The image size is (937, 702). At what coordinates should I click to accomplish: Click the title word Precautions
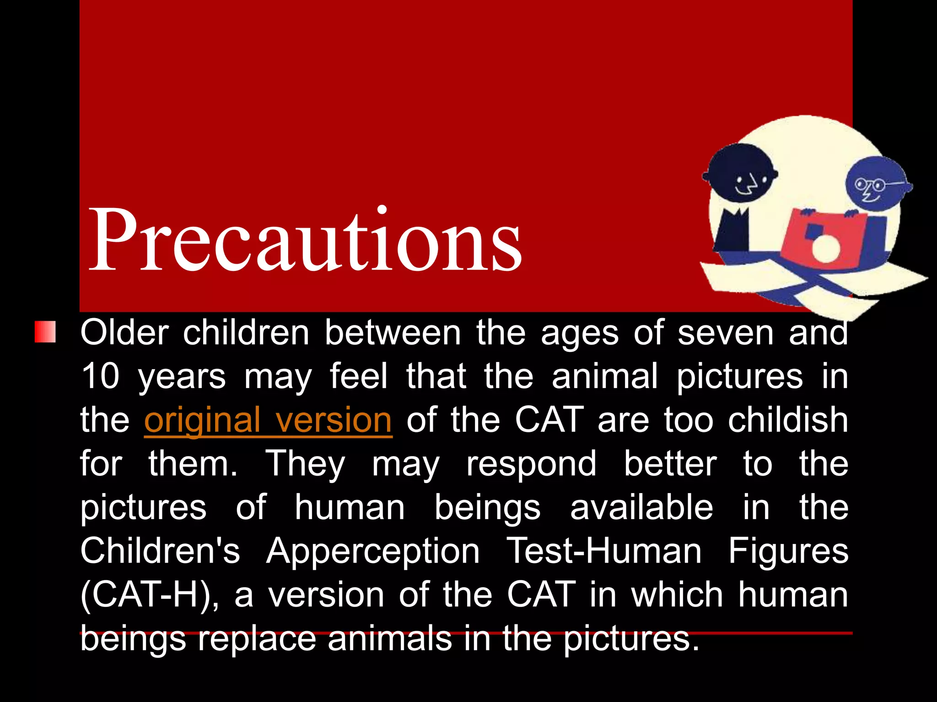[305, 240]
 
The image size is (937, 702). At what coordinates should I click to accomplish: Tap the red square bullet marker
[45, 332]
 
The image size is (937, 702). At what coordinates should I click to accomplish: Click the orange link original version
[268, 420]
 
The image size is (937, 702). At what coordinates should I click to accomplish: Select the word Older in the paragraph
[124, 332]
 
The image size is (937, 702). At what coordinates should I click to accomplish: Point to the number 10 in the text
[100, 376]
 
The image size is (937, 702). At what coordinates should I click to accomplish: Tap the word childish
[788, 420]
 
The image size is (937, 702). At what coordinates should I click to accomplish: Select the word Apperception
[373, 551]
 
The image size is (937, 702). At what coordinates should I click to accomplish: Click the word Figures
[788, 551]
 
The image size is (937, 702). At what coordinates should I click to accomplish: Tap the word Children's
[160, 551]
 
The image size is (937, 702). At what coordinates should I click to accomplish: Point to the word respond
[531, 464]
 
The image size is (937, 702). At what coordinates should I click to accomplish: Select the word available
[641, 507]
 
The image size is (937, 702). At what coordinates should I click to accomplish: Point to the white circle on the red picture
[826, 249]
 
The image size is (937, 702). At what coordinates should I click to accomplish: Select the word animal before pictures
[604, 376]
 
